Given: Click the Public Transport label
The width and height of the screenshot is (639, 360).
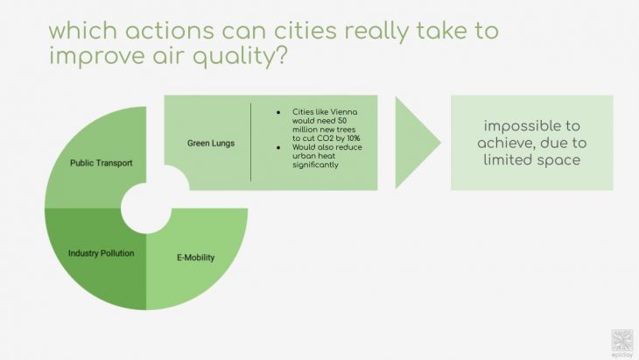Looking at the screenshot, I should click(101, 163).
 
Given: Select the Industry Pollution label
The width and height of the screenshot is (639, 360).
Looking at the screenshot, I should click(101, 253).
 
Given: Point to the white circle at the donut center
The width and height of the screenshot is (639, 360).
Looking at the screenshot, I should click(145, 208).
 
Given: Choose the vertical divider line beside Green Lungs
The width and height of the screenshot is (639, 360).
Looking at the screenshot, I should click(251, 142).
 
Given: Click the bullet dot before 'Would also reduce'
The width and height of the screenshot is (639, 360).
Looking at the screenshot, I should click(278, 147).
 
